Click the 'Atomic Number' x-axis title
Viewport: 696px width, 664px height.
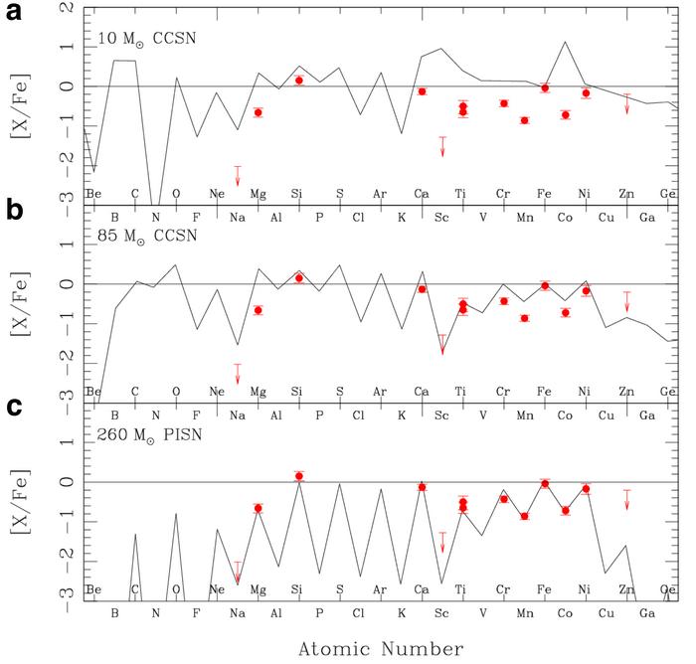point(380,648)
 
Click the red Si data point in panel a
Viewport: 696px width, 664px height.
point(299,81)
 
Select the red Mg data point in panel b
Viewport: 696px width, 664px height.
point(259,310)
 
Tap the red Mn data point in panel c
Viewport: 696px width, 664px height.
point(524,517)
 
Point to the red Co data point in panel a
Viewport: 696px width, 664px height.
point(565,114)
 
